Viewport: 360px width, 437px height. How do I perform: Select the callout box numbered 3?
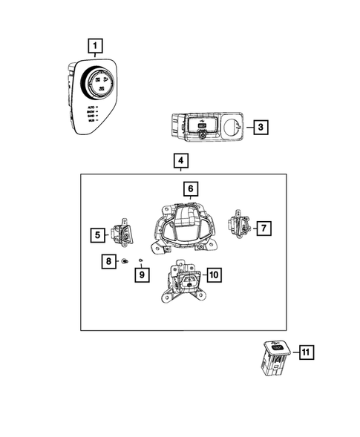click(259, 127)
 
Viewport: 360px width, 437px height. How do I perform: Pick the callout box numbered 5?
click(98, 235)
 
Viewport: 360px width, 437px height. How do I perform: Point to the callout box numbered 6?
click(190, 189)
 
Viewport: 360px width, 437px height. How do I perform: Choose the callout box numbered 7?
click(264, 229)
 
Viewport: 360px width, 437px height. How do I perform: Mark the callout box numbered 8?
click(108, 261)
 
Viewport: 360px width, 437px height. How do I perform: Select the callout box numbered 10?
click(214, 275)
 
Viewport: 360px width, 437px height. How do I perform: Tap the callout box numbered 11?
click(305, 353)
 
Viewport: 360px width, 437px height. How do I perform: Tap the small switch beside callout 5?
click(122, 234)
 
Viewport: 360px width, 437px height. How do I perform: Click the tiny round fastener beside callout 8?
click(124, 262)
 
